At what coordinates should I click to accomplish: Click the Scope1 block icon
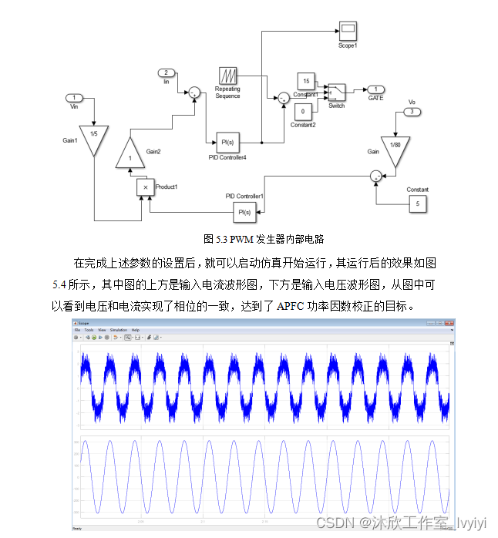347,30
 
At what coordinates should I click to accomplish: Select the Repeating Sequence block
228,76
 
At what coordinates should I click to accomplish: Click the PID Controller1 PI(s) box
244,212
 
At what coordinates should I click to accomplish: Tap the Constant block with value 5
417,204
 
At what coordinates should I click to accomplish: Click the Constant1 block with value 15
306,82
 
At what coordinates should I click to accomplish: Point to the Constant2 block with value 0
302,112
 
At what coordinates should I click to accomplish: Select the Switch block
336,92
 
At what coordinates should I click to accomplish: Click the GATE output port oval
375,89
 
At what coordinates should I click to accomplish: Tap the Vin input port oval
74,98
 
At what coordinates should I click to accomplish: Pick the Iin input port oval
167,72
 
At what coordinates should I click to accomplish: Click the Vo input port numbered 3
412,112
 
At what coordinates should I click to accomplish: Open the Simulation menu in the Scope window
119,329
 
